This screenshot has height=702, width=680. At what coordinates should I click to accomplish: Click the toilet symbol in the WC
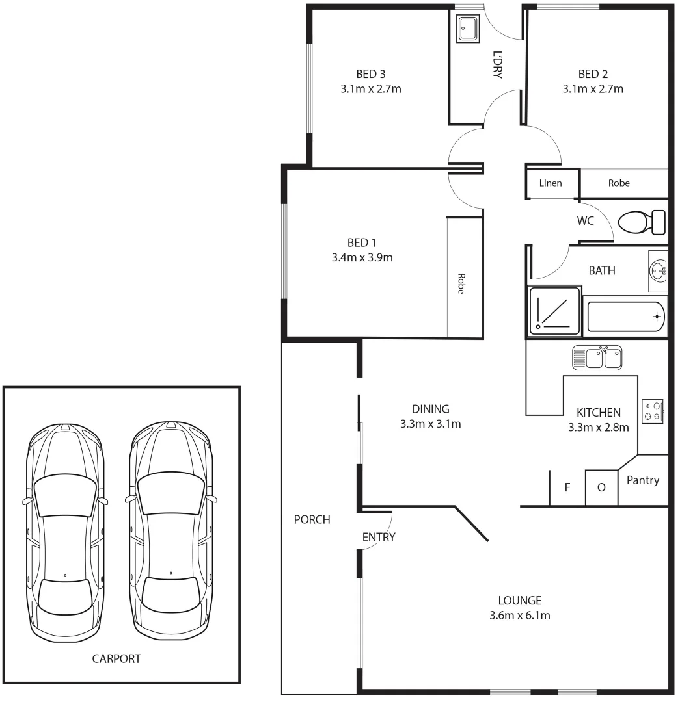[x=641, y=223]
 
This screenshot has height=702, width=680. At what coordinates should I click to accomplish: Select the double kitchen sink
[x=597, y=357]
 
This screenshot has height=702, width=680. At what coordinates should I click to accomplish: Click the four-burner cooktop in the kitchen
[x=653, y=411]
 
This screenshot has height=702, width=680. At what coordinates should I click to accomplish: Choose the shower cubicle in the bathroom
[x=554, y=311]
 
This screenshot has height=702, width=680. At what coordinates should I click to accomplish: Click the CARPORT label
[x=116, y=658]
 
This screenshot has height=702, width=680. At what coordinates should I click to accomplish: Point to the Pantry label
[x=642, y=480]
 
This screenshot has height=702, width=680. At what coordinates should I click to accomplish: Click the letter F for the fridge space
[x=567, y=486]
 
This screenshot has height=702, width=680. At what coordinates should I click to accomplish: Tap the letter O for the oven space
[x=601, y=486]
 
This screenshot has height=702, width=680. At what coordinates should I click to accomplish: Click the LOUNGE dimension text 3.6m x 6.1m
[x=520, y=615]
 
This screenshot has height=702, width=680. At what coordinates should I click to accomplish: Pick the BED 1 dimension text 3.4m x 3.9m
[x=362, y=257]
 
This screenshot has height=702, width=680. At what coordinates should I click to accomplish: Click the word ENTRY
[x=379, y=537]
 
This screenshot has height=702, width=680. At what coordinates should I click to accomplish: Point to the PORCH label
[x=312, y=519]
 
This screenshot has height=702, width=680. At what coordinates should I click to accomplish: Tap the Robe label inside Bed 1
[x=460, y=283]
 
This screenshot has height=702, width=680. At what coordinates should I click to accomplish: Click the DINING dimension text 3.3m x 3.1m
[x=431, y=424]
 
